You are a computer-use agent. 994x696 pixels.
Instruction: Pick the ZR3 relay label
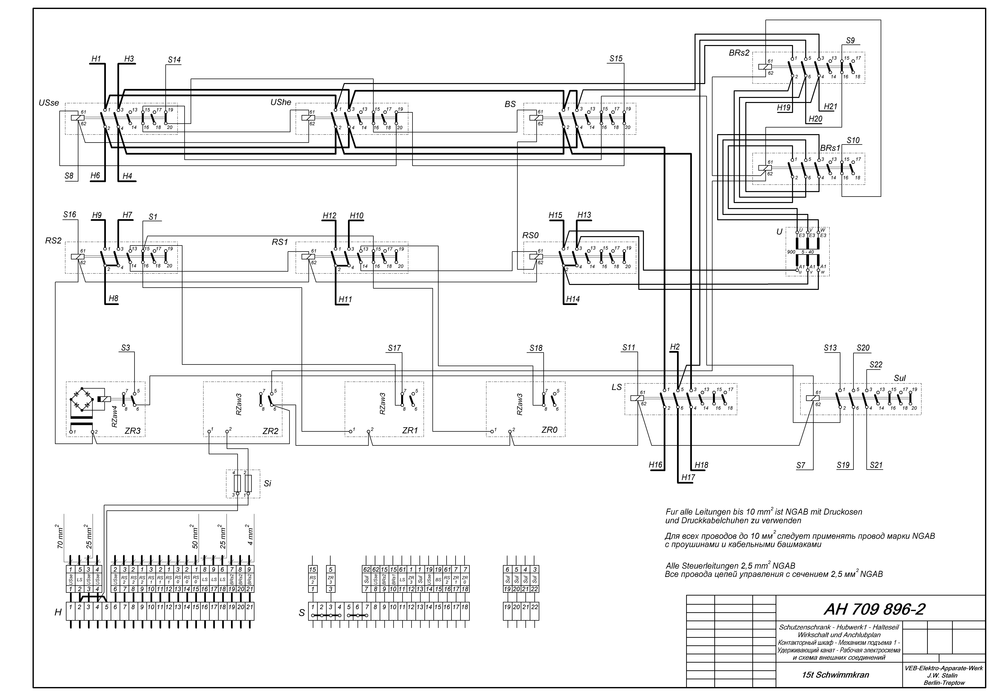(133, 431)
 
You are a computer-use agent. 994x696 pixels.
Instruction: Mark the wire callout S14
(174, 60)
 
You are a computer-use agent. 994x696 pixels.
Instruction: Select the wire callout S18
(536, 348)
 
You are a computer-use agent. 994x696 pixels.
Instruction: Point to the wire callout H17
(688, 477)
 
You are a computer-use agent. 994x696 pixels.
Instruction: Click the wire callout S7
(800, 466)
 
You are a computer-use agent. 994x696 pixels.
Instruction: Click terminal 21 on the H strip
(250, 607)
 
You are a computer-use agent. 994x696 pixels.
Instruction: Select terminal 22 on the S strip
(535, 607)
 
